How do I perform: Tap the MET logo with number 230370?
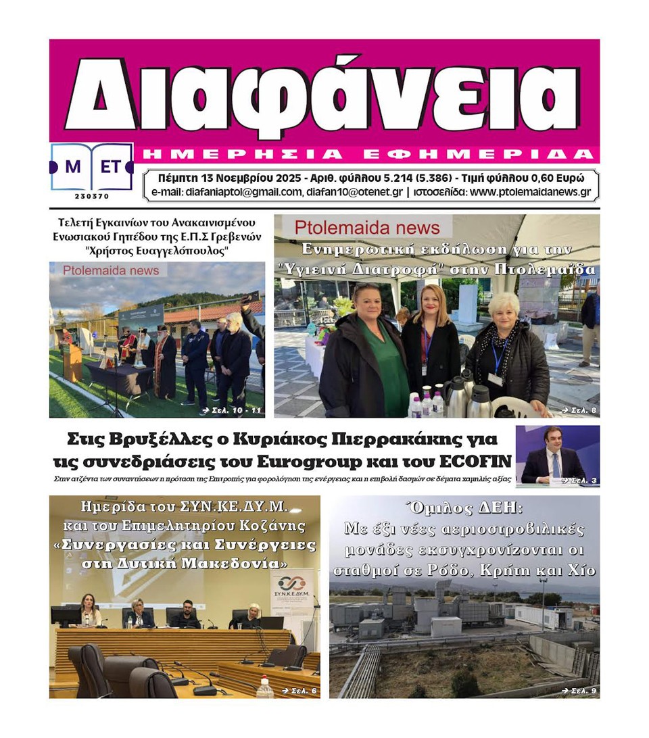click(91, 170)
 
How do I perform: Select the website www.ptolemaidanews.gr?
click(530, 192)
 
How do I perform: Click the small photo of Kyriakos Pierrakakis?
click(557, 455)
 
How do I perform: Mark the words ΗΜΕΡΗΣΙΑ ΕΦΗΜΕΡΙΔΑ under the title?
click(365, 153)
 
